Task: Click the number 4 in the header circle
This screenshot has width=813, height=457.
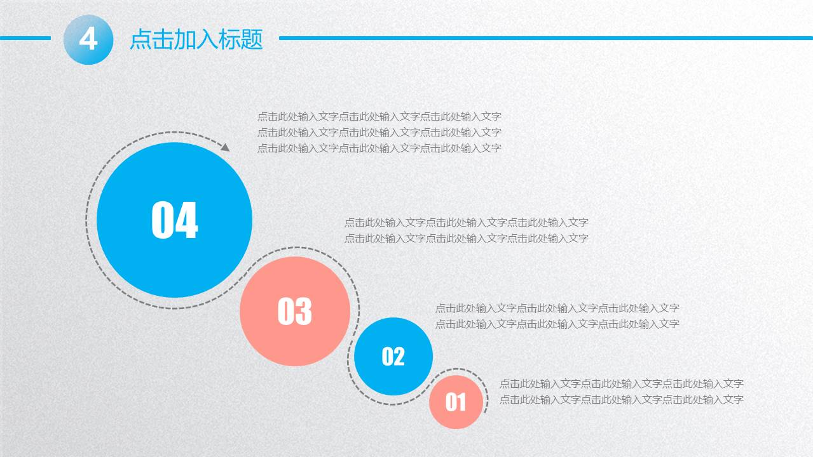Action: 88,39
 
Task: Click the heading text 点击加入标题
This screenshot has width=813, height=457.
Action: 196,39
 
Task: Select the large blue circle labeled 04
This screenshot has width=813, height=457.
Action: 174,220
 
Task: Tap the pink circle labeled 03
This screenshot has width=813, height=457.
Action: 295,311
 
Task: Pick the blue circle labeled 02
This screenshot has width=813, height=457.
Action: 393,356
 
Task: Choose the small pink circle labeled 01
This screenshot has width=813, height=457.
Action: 455,402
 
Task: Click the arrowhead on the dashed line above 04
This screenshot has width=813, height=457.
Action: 225,147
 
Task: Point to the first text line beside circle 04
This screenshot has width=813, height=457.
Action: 379,117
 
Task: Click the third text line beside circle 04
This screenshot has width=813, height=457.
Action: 379,149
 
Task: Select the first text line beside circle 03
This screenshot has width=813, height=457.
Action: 466,223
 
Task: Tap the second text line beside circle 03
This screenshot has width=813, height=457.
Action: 466,239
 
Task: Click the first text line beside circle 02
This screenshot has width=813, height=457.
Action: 557,308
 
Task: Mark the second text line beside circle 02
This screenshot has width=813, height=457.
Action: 557,324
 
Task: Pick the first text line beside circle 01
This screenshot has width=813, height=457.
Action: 621,384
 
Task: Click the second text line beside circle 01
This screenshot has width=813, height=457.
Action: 621,400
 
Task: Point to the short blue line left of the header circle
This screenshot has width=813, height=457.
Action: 25,38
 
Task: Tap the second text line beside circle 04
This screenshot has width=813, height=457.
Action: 379,133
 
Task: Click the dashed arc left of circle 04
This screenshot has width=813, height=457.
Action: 87,220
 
